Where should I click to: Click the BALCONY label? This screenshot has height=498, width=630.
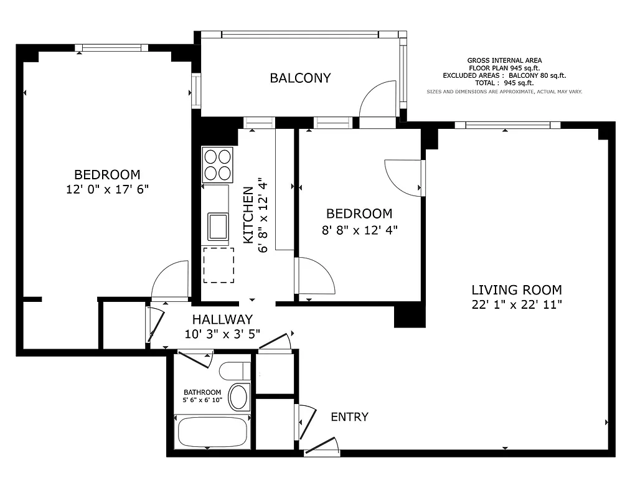[300, 78]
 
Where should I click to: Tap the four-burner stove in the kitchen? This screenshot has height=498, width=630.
[217, 164]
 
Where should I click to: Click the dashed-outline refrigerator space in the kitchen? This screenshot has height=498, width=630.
[219, 265]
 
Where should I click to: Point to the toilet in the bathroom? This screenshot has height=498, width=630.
[234, 371]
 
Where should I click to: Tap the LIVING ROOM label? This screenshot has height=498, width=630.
[516, 289]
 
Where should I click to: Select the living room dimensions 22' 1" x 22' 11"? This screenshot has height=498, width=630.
[516, 304]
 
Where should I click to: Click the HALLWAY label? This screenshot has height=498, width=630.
[222, 319]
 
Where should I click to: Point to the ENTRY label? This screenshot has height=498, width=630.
[349, 417]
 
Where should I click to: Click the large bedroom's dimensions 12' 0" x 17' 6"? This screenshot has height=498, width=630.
[107, 190]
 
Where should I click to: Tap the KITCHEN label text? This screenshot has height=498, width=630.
[248, 215]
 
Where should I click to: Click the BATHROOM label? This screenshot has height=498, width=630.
[202, 392]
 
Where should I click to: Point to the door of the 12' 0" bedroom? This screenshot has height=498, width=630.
[169, 280]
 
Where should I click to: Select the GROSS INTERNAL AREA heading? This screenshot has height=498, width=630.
[504, 60]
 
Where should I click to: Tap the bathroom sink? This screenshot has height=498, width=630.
[238, 397]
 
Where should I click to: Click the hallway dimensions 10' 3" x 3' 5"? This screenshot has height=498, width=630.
[222, 334]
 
